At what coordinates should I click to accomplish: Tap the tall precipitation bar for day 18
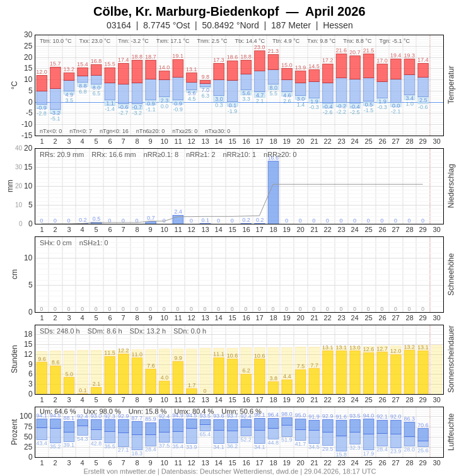tap(273, 192)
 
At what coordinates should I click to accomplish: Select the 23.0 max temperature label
tap(260, 47)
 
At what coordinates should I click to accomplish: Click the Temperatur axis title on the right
tap(451, 85)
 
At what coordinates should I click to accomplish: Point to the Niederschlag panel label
tap(451, 186)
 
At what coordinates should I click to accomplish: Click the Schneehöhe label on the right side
tap(451, 274)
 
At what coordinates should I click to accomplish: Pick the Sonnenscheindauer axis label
tap(451, 359)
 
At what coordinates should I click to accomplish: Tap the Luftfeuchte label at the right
tap(451, 432)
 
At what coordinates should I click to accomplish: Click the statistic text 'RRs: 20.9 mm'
tap(62, 154)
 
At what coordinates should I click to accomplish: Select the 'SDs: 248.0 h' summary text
tap(60, 331)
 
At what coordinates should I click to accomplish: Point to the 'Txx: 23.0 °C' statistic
tap(95, 41)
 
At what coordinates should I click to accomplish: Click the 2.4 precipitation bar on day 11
tap(178, 219)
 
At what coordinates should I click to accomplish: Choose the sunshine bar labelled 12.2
tap(124, 373)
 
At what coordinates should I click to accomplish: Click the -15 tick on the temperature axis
tap(28, 135)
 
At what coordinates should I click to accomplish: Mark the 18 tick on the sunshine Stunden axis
tap(28, 334)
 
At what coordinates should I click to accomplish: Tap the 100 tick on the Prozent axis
tap(25, 415)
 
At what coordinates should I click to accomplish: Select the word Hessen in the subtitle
tap(338, 25)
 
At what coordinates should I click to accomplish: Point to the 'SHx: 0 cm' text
tap(55, 243)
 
